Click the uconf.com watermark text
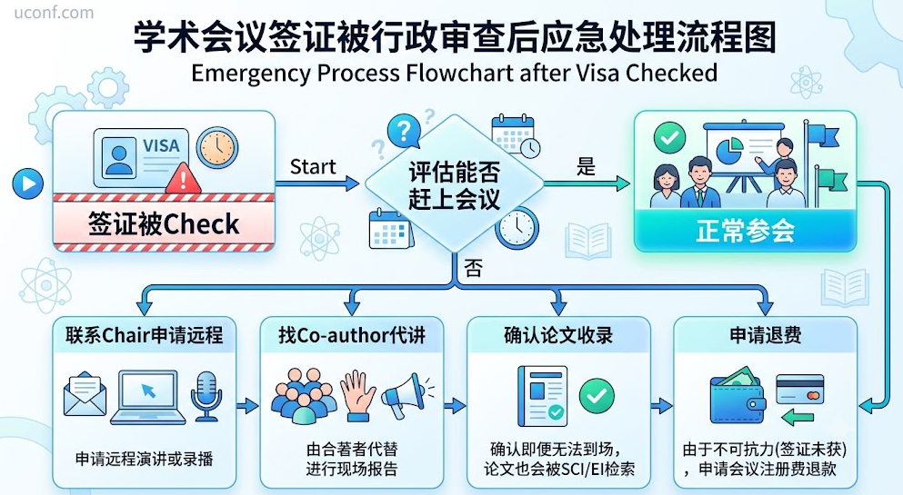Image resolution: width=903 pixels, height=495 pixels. (x=54, y=13)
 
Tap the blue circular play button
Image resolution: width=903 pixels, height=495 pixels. (x=27, y=184)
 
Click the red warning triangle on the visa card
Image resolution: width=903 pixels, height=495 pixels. (x=183, y=178)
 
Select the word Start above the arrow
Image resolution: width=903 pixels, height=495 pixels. (x=313, y=167)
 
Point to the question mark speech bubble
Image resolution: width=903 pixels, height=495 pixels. (x=404, y=131)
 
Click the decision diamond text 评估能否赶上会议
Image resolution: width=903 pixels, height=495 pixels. (x=455, y=185)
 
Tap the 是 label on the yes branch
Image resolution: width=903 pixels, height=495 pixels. (x=586, y=167)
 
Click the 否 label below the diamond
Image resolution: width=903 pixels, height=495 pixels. (x=473, y=269)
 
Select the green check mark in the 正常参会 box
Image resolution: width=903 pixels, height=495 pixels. (x=670, y=138)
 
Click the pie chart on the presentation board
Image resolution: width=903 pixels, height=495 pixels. (x=729, y=150)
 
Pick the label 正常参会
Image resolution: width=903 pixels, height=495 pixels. (x=745, y=231)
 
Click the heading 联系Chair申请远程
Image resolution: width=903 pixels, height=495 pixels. (x=144, y=334)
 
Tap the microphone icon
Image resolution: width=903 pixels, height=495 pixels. (x=206, y=395)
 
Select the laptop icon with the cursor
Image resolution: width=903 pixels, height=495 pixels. (x=148, y=397)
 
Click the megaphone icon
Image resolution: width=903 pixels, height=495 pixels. (x=406, y=393)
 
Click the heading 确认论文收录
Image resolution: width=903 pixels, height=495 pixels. (x=558, y=334)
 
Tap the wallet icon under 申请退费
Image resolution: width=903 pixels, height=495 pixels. (x=737, y=396)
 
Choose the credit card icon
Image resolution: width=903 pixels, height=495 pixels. (x=800, y=389)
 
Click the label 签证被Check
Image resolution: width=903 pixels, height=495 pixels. (x=164, y=223)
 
